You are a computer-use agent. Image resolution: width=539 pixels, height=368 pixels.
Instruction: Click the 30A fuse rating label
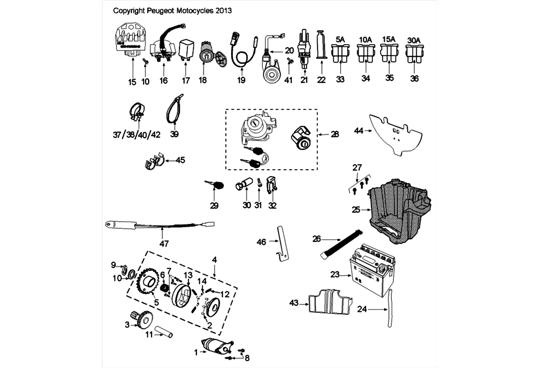point(414,40)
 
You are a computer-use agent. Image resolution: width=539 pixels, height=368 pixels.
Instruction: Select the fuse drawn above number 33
point(340,56)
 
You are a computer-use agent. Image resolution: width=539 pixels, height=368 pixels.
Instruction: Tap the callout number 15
point(133,82)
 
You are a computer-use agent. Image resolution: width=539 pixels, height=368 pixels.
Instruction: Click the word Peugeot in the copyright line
point(173,10)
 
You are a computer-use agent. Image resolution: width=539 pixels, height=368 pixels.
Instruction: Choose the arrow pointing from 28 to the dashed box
point(324,134)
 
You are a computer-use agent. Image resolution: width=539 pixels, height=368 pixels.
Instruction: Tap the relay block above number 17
point(186,48)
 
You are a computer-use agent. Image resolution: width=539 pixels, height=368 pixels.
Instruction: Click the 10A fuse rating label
point(365,40)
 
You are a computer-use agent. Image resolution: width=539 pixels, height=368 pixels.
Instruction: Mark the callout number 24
point(362,310)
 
